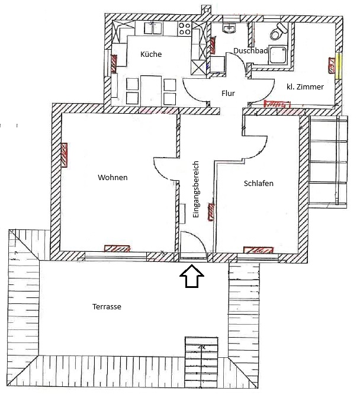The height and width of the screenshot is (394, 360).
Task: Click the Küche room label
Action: pos(151,54)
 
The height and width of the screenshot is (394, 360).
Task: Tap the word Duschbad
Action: pos(250,50)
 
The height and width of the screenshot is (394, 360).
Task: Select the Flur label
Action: pos(228,93)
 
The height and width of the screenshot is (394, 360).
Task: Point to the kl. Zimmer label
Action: pos(305,87)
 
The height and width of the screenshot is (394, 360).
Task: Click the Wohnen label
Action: pos(112,177)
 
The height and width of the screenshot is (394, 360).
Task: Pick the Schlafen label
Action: pos(259,183)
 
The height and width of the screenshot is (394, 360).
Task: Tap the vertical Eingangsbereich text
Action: pos(195,189)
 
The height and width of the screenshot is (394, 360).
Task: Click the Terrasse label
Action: pos(107,306)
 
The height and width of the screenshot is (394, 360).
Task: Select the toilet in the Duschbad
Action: pos(278,31)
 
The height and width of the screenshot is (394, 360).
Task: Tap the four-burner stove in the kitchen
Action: pos(185,28)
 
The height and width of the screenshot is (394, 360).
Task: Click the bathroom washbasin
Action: pos(229,28)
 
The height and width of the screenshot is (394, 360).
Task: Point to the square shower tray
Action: pos(278,55)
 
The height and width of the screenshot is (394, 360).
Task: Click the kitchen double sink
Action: pos(153,28)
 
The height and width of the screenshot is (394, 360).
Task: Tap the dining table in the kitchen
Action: pos(150,91)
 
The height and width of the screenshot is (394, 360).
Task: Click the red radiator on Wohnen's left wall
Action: pos(65,155)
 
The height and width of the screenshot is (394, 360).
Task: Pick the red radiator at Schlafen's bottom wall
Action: pos(258,250)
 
